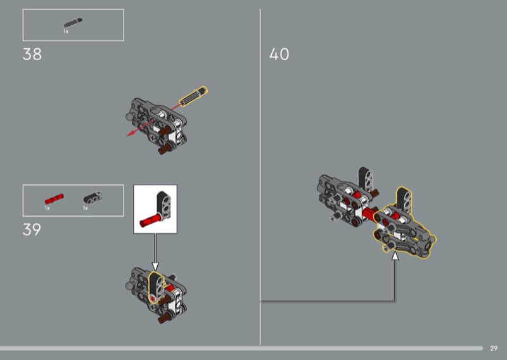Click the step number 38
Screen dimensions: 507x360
pos(32,54)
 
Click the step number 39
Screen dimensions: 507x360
pos(32,229)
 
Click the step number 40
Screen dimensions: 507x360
pos(279,54)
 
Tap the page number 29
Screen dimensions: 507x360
pos(494,349)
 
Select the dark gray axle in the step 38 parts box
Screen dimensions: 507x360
pos(74,23)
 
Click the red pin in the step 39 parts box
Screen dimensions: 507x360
pos(54,198)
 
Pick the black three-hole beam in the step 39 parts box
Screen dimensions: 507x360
pos(93,198)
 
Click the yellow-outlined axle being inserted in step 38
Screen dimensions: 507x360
pos(193,96)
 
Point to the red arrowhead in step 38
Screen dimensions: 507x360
pos(131,133)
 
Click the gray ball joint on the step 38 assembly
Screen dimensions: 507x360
pos(129,117)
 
